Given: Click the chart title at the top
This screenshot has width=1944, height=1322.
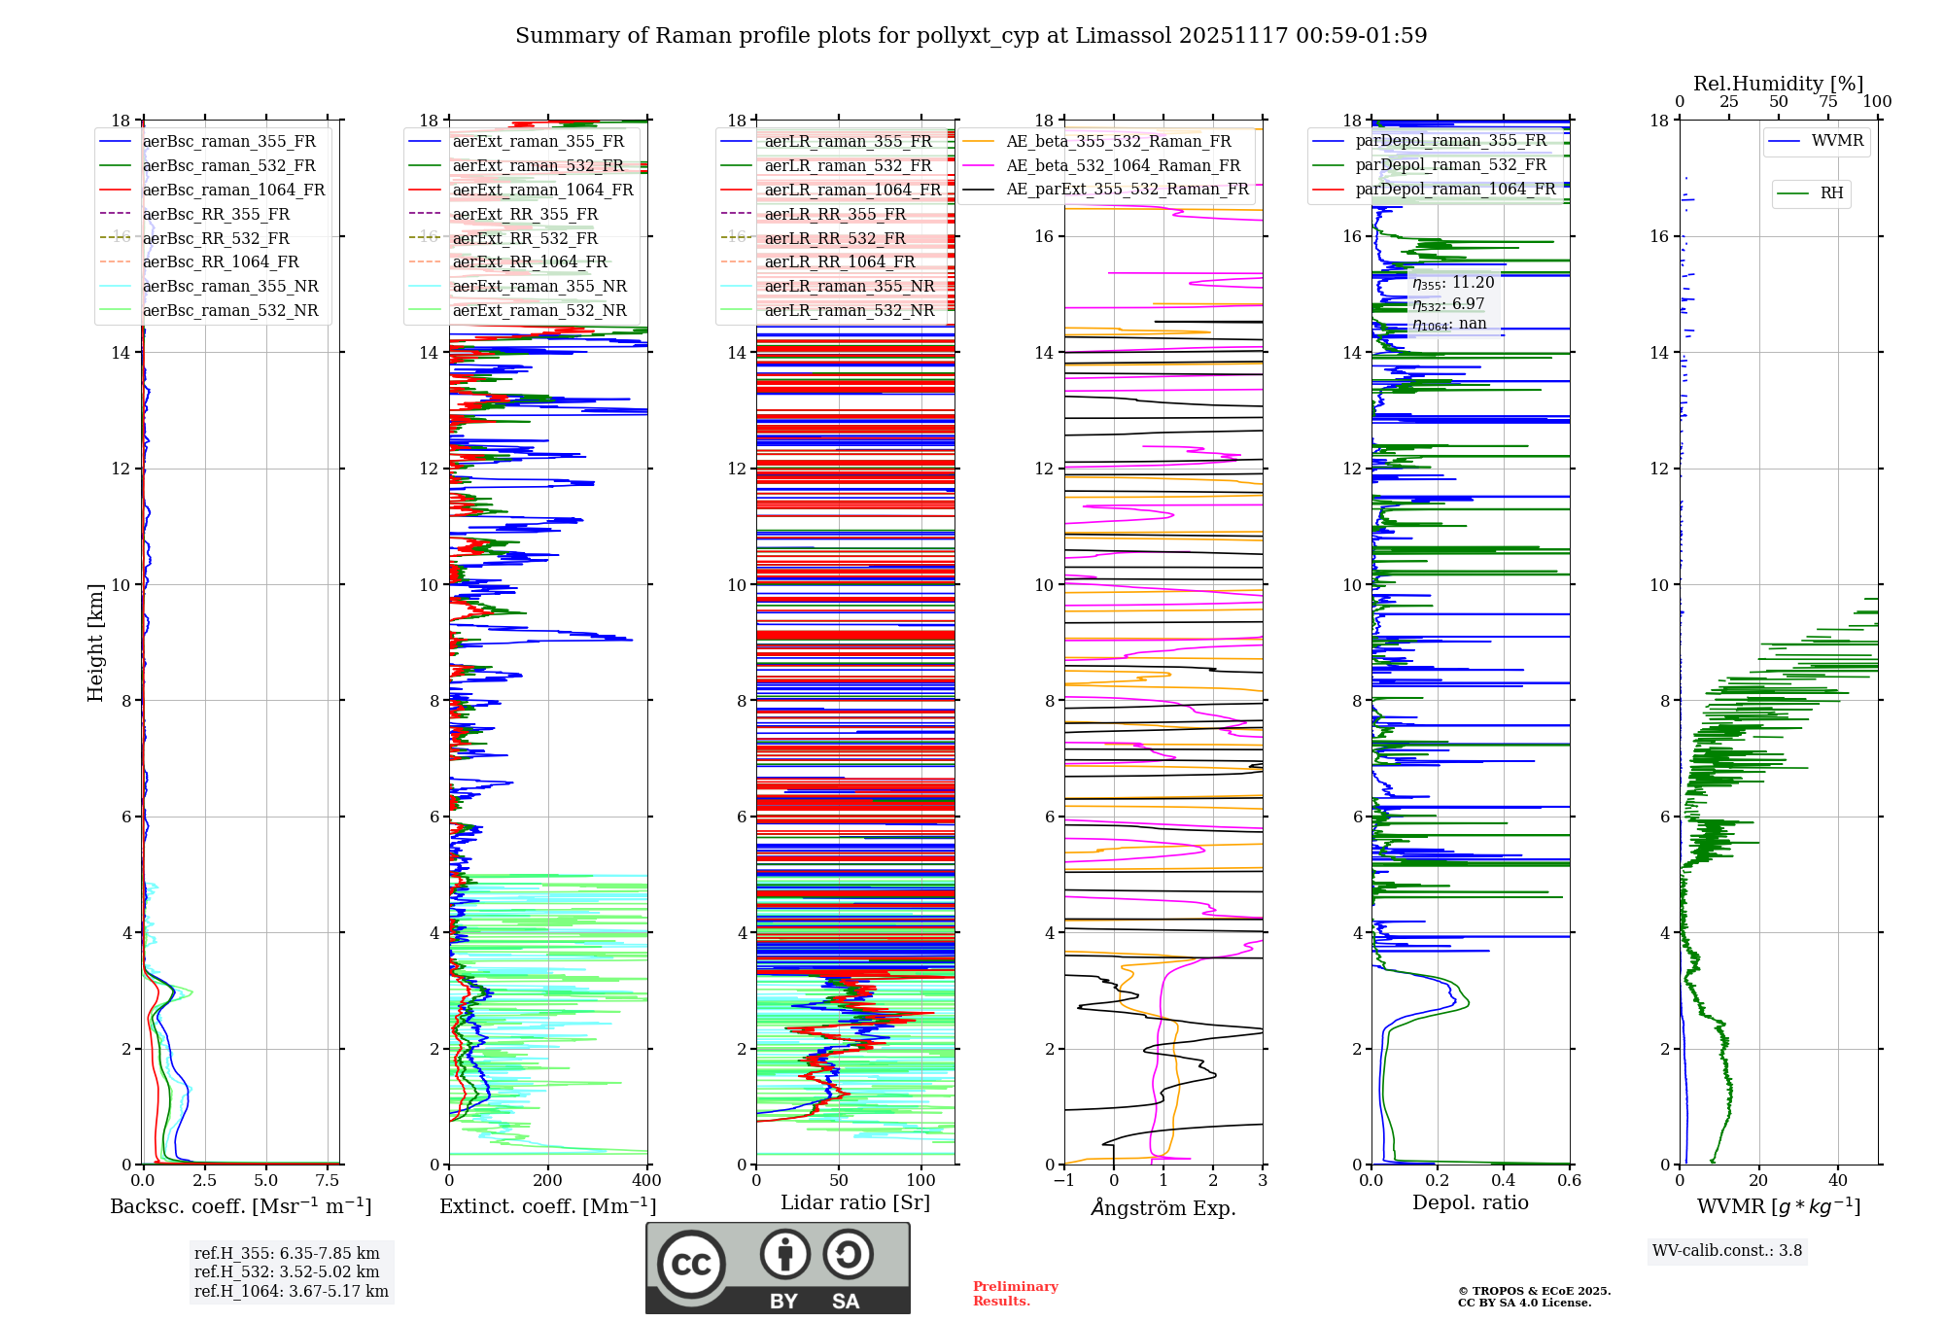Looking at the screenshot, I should (971, 36).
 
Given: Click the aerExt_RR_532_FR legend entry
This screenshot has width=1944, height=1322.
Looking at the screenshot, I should (525, 238).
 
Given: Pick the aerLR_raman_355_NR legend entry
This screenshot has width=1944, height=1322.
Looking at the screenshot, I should (849, 286).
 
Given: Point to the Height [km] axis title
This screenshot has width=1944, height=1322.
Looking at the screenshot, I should (95, 642).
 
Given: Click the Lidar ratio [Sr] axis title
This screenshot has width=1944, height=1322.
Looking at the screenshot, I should (855, 1202).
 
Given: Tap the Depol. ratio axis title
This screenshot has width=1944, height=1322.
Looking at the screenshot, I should (1470, 1202).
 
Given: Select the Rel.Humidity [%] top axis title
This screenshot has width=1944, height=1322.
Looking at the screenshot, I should (1778, 84).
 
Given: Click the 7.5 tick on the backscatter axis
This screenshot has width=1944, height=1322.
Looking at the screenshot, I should (328, 1181).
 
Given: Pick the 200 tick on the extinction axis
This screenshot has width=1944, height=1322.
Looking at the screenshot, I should (548, 1181).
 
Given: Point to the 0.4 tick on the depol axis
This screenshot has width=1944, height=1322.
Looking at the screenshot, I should (1504, 1181).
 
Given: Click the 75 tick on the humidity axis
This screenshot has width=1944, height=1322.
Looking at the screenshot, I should (1828, 102).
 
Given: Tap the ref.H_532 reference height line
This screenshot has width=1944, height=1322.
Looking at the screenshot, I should (286, 1271).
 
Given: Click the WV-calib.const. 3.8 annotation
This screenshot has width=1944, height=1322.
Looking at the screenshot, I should (1727, 1251).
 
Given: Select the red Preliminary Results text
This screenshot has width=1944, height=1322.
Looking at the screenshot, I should (1015, 1294).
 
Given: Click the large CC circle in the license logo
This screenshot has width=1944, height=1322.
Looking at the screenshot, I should (691, 1265).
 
